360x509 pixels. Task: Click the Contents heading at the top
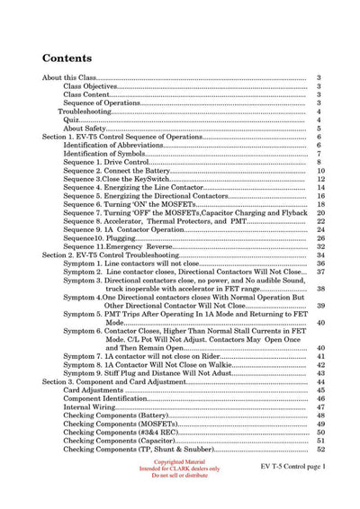(x=74, y=58)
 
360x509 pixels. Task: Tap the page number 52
(x=319, y=450)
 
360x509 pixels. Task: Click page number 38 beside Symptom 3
(x=319, y=289)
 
